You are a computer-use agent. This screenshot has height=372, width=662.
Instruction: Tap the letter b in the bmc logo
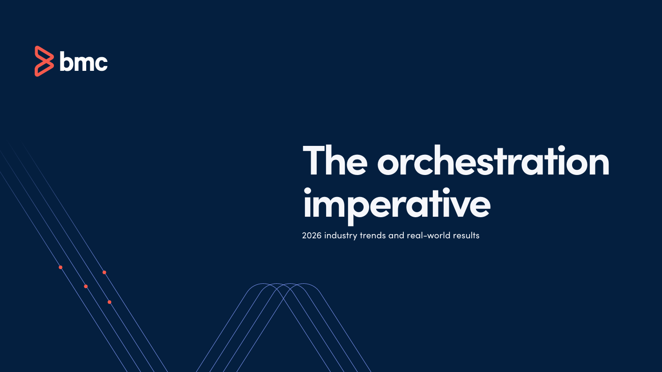coord(66,61)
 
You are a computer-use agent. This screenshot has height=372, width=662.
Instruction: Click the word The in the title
coord(335,161)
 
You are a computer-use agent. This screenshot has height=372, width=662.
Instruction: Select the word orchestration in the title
coord(493,161)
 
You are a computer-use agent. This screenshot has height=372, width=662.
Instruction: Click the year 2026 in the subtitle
coord(312,235)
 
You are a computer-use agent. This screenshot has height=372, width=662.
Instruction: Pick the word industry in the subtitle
coord(341,236)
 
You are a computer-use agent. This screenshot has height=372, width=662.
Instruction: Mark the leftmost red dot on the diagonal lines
coord(60,267)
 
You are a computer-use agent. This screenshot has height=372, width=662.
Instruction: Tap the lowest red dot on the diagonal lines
coord(109,302)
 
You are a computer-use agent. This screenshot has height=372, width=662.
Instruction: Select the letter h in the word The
coord(335,160)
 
